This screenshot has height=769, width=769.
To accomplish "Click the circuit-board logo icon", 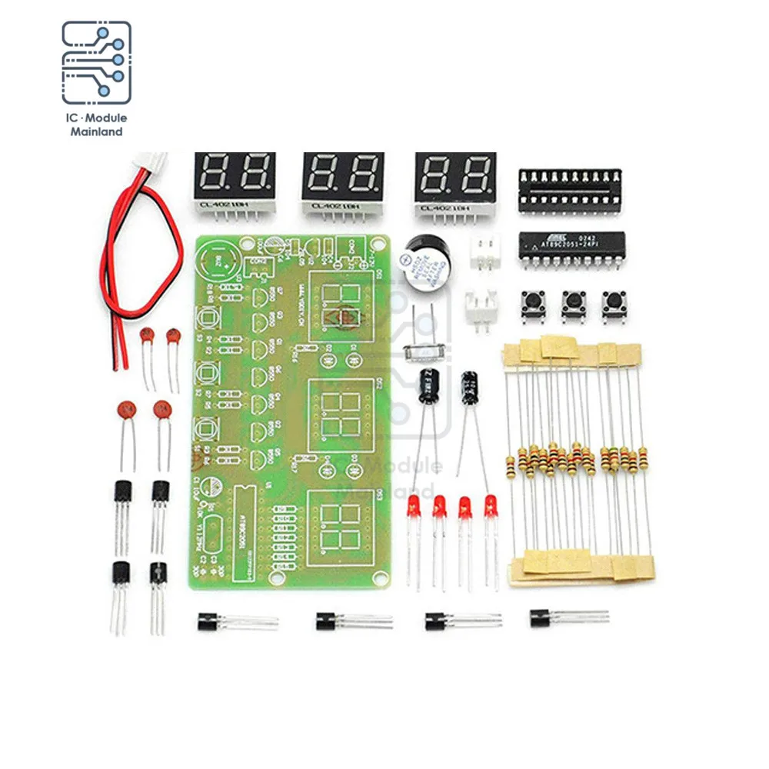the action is point(96,63).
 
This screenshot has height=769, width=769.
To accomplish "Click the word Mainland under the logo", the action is point(96,131).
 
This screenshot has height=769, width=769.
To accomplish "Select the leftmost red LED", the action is point(414,507).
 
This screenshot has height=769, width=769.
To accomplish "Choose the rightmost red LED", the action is point(491,507).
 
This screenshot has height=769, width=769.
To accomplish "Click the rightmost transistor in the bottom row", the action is point(541,617).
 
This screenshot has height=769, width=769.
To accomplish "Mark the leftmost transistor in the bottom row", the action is point(209,620).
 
